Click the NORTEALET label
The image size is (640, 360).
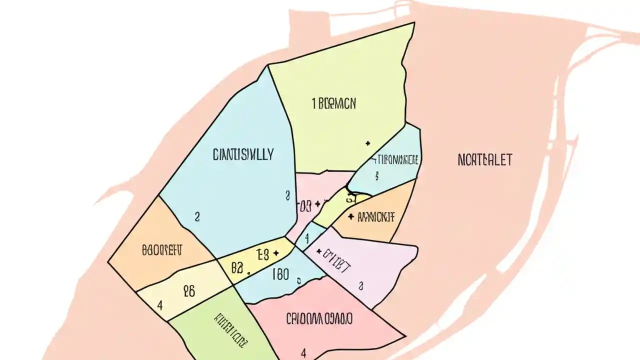coord(484,160)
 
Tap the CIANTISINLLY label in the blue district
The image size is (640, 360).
coord(243,154)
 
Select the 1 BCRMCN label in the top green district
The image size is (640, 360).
coord(334,103)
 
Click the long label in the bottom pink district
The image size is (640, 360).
coord(319,318)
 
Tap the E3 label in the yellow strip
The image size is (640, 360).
coord(262,254)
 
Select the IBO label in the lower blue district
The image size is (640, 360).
coord(280,274)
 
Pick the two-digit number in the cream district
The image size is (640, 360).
coord(188,291)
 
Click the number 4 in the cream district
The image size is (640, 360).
coord(159,304)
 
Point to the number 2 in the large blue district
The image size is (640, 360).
coord(197,216)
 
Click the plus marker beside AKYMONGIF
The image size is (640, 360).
coord(351,217)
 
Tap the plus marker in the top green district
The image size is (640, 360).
coord(368,143)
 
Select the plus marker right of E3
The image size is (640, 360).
coord(276,253)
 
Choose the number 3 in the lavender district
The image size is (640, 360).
coord(360,285)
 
